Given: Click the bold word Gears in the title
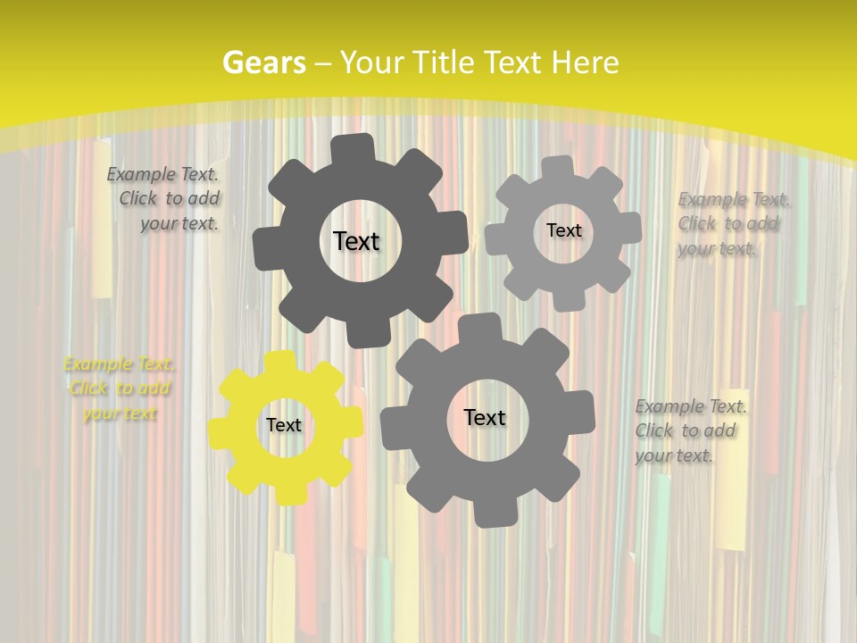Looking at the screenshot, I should point(263,63).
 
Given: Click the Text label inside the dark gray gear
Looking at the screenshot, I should point(356,241).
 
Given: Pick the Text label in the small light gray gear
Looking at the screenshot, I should point(563,230).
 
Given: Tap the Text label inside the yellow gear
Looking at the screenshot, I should point(284,425).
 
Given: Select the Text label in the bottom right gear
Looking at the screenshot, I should point(485,417).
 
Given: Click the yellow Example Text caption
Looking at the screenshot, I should point(120,388).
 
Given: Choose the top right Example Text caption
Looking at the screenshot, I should point(732,223).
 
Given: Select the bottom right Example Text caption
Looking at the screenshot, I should point(689,430).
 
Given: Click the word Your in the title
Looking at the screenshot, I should point(371,63).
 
